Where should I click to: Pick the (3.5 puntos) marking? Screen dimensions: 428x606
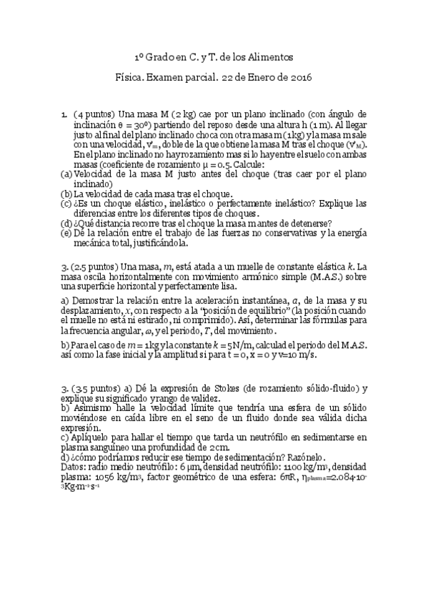point(96,388)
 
